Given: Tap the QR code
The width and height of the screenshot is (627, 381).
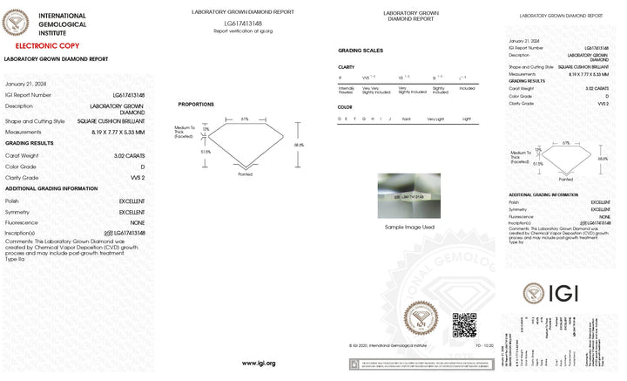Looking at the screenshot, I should tap(464, 325).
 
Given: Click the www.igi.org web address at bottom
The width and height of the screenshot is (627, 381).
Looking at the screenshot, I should tap(258, 363).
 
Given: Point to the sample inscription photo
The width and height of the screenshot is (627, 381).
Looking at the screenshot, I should tap(408, 195).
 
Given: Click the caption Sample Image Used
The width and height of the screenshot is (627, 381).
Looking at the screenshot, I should tap(408, 227).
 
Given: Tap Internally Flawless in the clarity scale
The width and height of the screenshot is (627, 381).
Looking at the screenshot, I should tap(346, 88).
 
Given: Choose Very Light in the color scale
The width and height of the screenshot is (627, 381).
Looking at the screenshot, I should tap(435, 118).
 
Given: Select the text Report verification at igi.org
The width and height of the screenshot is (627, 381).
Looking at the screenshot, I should tap(243, 31).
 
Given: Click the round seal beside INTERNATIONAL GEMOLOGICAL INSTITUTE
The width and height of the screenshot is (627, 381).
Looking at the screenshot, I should tap(17, 22).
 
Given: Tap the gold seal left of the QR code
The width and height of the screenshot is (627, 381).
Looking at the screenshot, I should tap(420, 322).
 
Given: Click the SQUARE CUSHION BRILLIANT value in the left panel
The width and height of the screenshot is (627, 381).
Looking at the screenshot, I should tap(111, 121).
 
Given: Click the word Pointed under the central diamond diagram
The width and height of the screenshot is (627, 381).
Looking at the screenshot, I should tap(245, 173).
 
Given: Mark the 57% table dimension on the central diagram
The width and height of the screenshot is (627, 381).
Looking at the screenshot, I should tap(245, 119).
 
